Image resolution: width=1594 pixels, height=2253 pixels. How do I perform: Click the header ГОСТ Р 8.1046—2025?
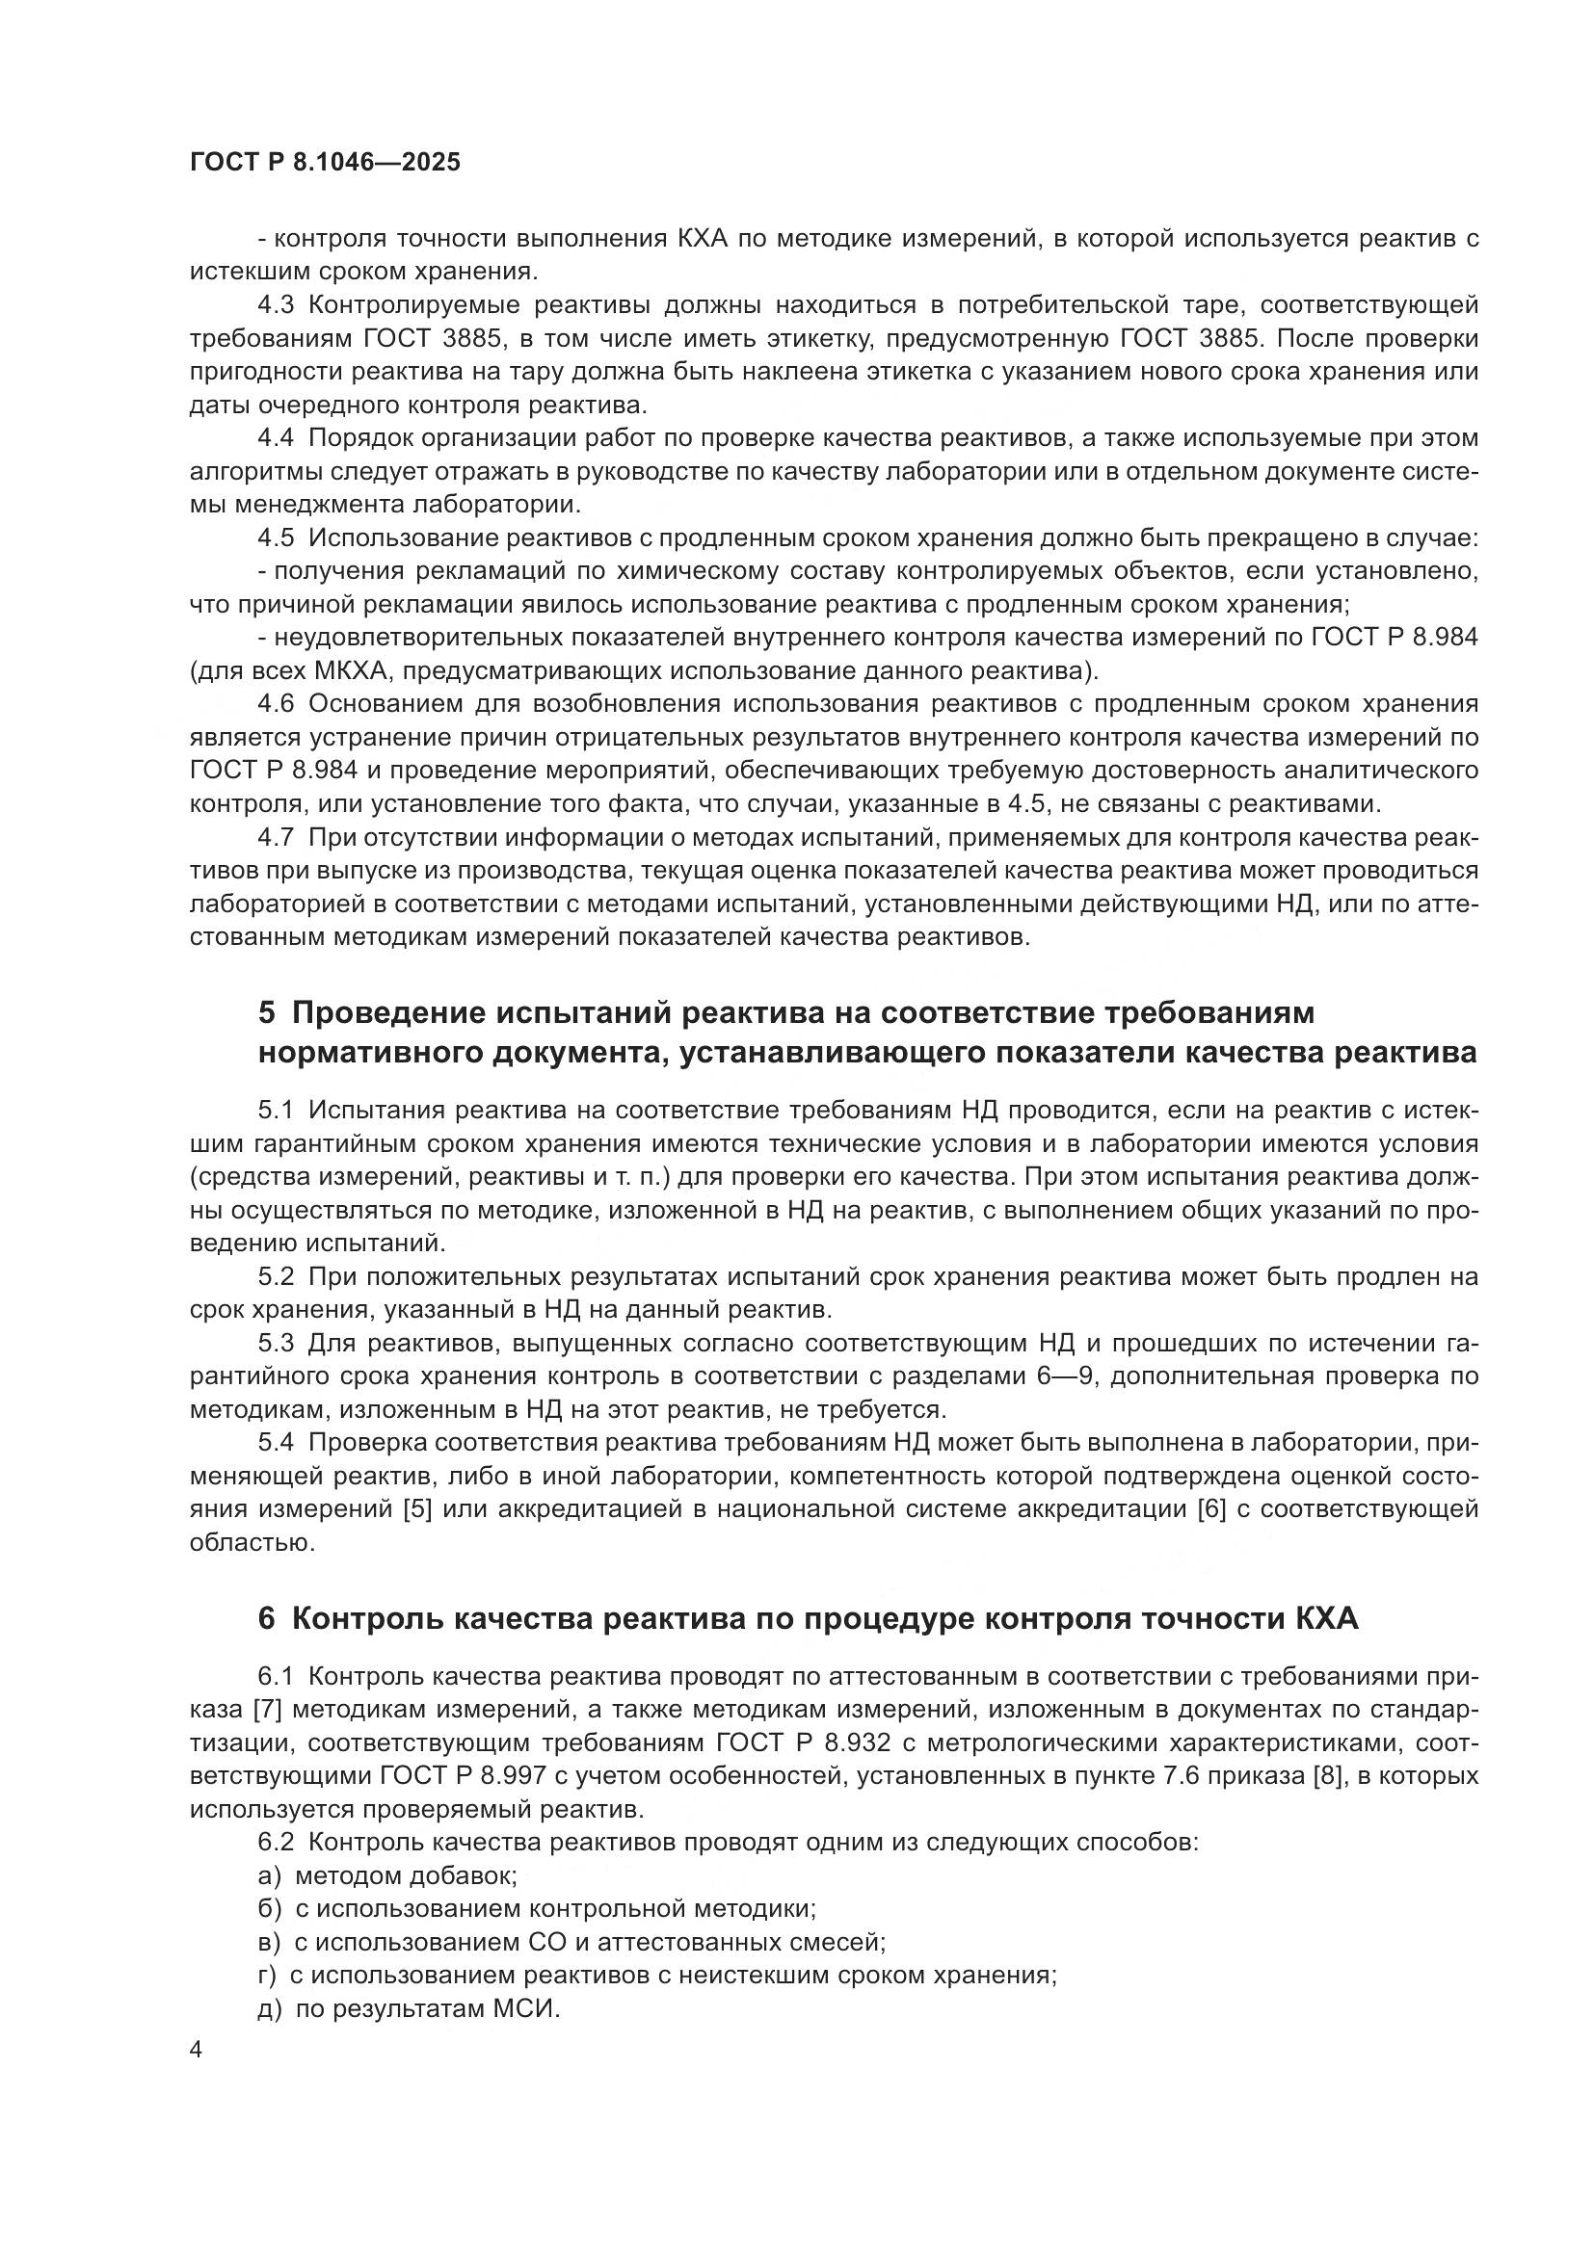(x=325, y=163)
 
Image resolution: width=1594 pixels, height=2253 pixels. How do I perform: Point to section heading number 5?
(x=267, y=1012)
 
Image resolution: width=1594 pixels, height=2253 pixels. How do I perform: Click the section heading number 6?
(x=267, y=1618)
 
